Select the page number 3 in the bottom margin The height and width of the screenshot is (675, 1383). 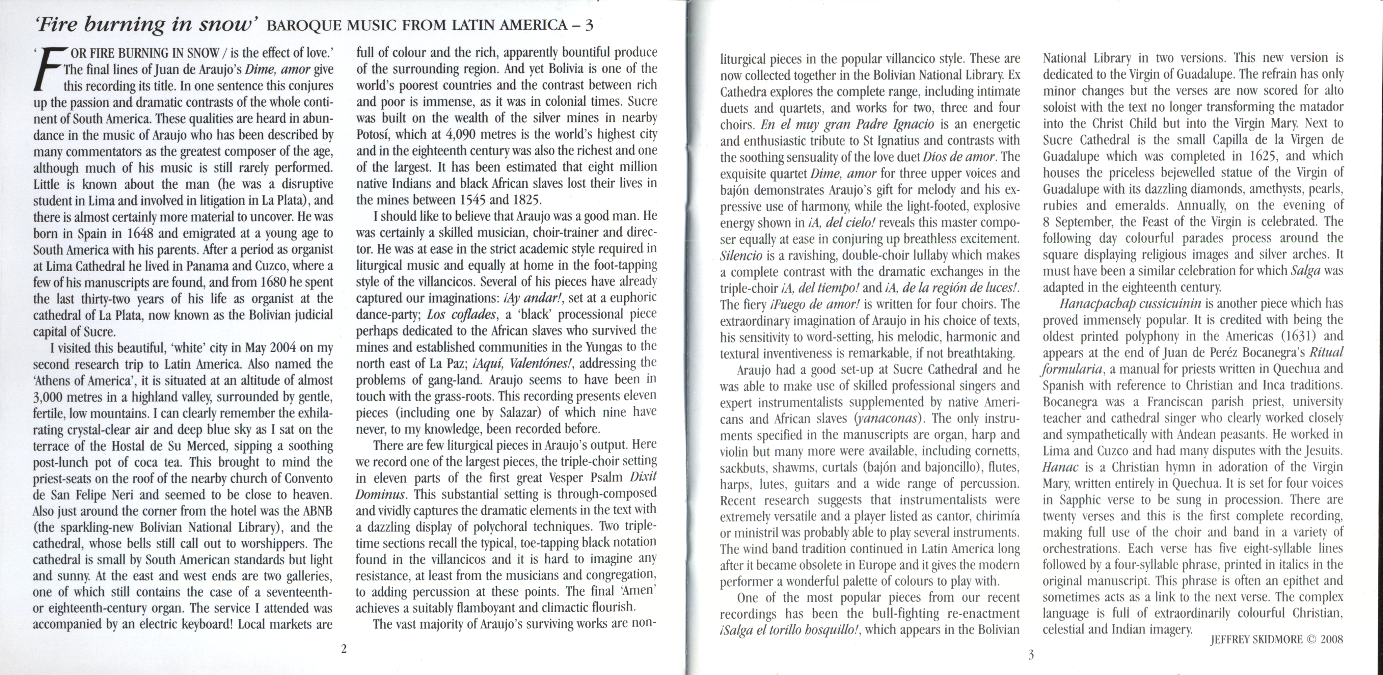pos(1030,655)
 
